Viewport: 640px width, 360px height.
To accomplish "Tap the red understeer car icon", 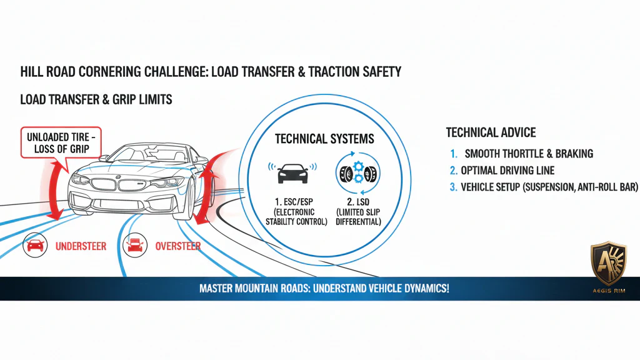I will tap(35, 246).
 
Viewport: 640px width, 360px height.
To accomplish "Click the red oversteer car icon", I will tap(135, 246).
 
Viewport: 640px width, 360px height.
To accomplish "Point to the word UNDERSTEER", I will tap(81, 246).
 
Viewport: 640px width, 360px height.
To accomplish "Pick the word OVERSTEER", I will tap(178, 246).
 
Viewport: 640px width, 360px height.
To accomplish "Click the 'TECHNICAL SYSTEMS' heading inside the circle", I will tap(324, 139).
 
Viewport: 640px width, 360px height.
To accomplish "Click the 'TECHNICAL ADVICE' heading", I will tap(491, 132).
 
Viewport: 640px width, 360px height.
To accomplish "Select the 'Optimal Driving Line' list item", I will tap(507, 170).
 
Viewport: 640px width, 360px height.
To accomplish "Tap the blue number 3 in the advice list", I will tap(453, 186).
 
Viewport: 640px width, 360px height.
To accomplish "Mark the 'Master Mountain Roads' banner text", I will tap(324, 289).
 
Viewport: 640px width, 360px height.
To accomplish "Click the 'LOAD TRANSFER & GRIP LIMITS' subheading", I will tap(96, 100).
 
